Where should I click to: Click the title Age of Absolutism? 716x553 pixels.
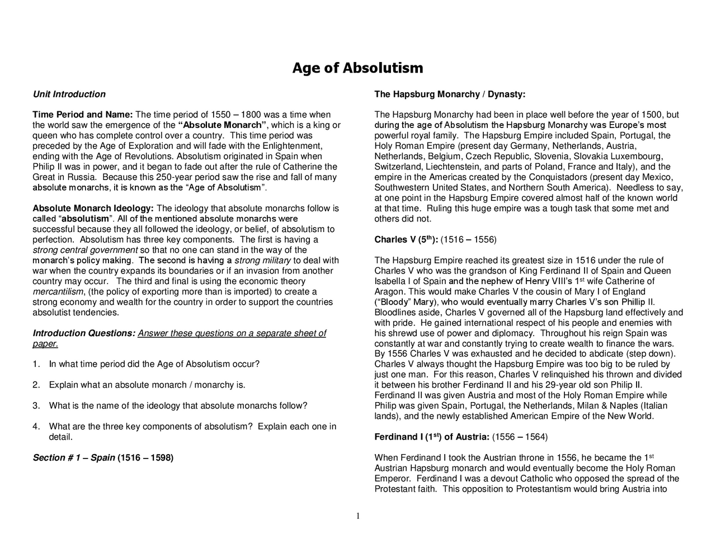(357, 68)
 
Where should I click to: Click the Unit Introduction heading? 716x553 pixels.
(69, 94)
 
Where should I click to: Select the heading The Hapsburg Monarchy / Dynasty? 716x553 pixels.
(450, 94)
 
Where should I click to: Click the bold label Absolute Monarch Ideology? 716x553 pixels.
(93, 209)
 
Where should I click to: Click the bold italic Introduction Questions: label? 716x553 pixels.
(84, 333)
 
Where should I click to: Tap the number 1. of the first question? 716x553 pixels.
(36, 365)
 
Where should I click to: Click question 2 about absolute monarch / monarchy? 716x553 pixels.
(147, 385)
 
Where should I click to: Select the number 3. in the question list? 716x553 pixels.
(36, 406)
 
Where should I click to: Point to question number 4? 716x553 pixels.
(36, 427)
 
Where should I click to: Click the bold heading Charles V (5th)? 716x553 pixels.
(406, 240)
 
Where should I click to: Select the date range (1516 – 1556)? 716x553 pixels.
(469, 240)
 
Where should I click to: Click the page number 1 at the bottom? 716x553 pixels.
(358, 516)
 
